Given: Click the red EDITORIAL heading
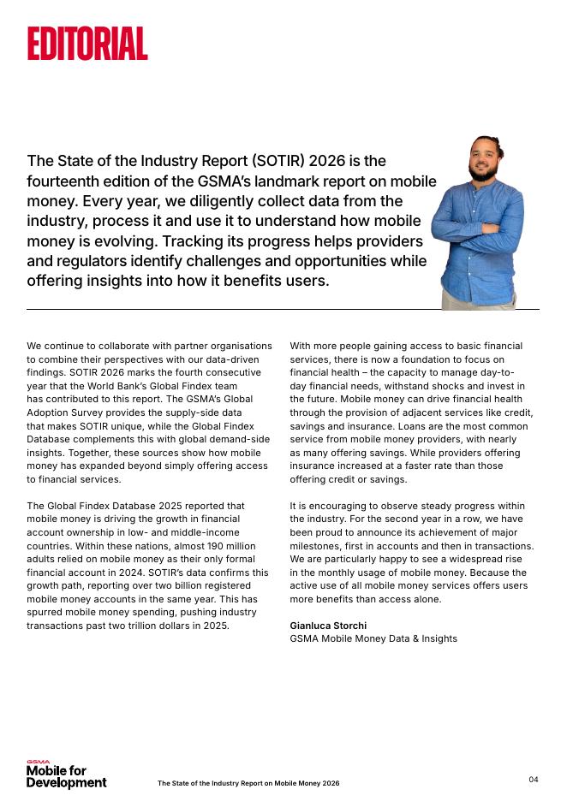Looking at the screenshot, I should (87, 43).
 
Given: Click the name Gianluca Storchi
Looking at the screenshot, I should (328, 626).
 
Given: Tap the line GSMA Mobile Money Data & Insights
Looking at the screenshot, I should (373, 638).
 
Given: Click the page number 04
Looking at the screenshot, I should (534, 779).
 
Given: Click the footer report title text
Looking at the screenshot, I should (248, 783).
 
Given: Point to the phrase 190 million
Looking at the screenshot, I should (227, 546).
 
